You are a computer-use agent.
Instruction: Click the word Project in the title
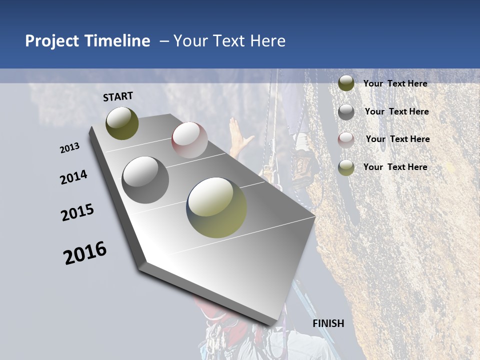[52, 41]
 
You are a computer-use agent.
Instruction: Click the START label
[118, 96]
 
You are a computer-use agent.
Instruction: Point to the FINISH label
[328, 323]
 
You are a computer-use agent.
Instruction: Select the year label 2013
[69, 148]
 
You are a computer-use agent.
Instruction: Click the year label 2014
[73, 177]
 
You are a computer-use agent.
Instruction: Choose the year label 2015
[77, 212]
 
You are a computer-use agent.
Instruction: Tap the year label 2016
[85, 253]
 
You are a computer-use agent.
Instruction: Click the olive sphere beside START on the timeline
[122, 123]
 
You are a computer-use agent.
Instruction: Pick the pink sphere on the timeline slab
[189, 140]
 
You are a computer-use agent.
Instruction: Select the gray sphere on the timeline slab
[145, 180]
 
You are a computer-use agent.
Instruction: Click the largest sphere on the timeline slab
[216, 207]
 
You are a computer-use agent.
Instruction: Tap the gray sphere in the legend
[346, 112]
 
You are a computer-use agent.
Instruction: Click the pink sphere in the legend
[346, 140]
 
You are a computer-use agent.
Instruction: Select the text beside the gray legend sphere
[396, 111]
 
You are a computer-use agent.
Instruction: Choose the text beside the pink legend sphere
[397, 139]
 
